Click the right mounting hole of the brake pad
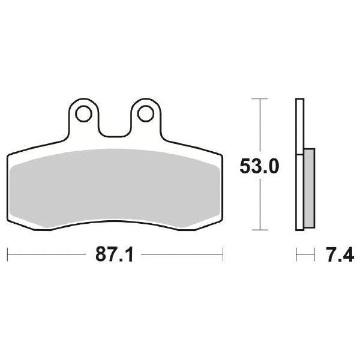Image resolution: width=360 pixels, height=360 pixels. pyautogui.click(x=145, y=112)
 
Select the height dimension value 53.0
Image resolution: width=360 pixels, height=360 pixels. pyautogui.click(x=259, y=166)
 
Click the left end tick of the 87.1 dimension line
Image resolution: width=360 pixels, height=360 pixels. pyautogui.click(x=7, y=254)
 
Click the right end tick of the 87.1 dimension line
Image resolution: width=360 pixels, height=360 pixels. pyautogui.click(x=223, y=254)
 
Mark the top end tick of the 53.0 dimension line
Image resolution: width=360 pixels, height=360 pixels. pyautogui.click(x=259, y=98)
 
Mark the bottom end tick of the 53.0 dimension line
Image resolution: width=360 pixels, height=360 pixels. pyautogui.click(x=259, y=230)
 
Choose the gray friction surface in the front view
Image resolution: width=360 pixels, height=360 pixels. pyautogui.click(x=114, y=186)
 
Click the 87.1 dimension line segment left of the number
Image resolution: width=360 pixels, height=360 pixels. pyautogui.click(x=48, y=254)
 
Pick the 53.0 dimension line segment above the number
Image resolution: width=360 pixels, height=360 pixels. pyautogui.click(x=259, y=126)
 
